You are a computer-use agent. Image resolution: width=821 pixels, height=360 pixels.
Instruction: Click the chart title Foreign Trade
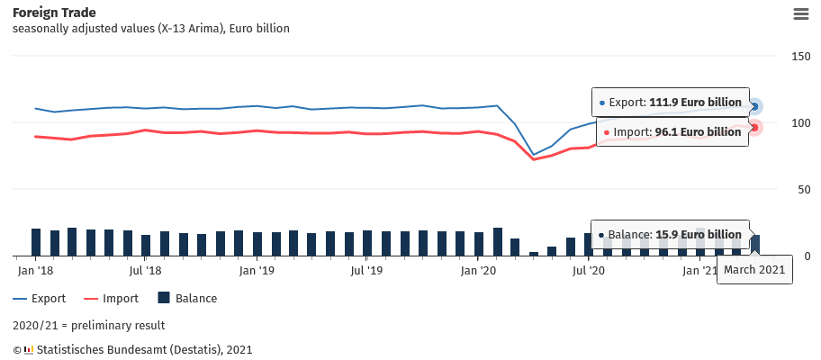[x=55, y=13]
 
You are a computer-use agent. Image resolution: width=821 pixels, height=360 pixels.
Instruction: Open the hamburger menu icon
[x=800, y=13]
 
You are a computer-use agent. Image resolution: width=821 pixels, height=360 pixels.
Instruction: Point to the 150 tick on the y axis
[x=800, y=57]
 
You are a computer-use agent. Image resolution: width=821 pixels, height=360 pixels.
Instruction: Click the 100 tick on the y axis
[x=800, y=122]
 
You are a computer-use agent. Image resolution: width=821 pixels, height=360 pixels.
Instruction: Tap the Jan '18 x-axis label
[x=36, y=270]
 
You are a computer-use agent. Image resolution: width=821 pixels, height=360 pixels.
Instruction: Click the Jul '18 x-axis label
[x=146, y=270]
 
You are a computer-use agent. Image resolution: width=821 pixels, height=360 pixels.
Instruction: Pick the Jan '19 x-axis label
[x=257, y=270]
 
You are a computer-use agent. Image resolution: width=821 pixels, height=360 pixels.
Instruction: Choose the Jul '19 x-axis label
[x=367, y=270]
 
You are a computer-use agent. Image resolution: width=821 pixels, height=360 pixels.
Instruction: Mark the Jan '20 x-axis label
[x=478, y=270]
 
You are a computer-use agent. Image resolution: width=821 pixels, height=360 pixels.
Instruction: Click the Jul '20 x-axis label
[x=589, y=270]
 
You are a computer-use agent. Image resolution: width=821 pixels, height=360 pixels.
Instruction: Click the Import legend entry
[x=111, y=299]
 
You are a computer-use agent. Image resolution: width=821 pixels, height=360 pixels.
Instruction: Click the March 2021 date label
[x=754, y=269]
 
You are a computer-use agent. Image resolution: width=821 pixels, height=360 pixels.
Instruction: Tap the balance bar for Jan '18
[x=36, y=242]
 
